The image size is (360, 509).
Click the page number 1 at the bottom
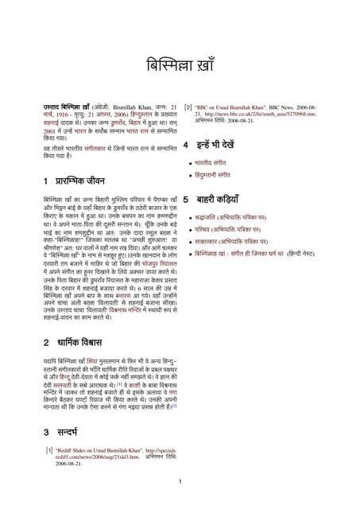click(180, 481)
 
